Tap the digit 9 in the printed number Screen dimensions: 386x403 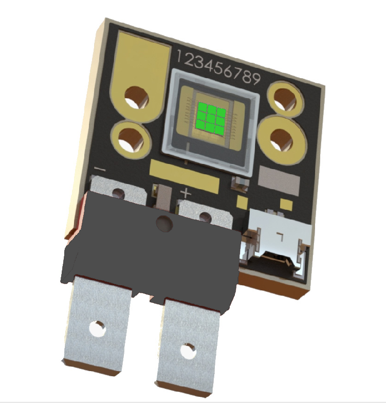255,79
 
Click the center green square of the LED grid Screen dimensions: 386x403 211,118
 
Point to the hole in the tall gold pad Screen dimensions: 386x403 136,98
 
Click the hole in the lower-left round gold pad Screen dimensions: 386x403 131,141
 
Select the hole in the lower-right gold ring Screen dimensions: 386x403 282,139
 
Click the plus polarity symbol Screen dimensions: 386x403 186,193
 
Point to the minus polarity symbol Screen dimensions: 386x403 100,169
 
